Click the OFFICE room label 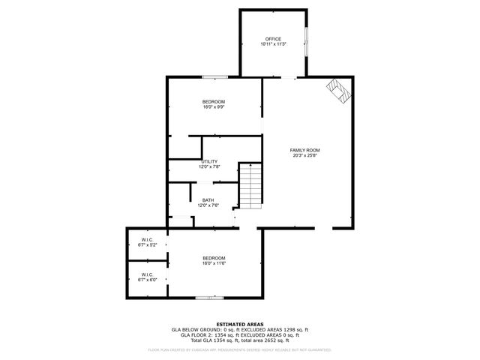pos(273,39)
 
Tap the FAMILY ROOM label pos(305,150)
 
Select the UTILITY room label pos(209,161)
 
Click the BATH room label pos(208,199)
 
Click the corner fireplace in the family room pos(340,91)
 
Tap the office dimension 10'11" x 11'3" pos(273,44)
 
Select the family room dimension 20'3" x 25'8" pos(305,155)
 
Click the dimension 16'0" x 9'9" pos(214,106)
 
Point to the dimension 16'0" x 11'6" pos(214,263)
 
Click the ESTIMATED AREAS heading pos(240,324)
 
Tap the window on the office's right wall pos(306,40)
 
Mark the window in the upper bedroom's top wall pos(215,76)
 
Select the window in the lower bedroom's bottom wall pos(205,298)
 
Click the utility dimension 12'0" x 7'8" pos(209,166)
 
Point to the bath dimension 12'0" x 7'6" pos(208,205)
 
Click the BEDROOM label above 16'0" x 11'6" pos(214,258)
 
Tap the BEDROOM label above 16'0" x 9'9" pos(214,101)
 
